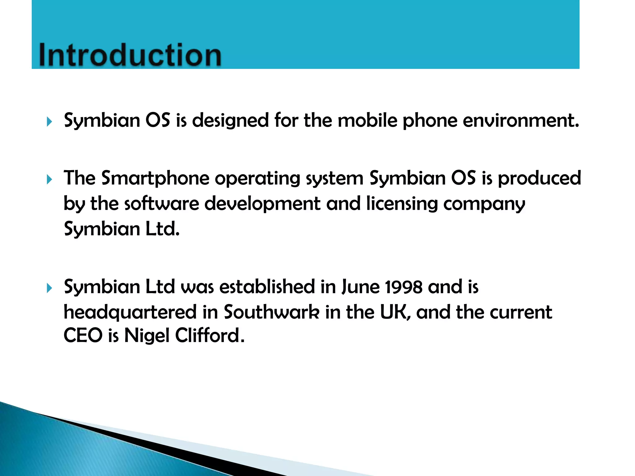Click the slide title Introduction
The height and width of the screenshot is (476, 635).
[x=130, y=55]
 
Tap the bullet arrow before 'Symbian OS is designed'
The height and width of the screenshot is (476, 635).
[x=49, y=121]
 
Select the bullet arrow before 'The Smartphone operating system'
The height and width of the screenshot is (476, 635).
[x=49, y=179]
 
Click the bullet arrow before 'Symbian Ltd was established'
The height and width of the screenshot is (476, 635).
[x=49, y=288]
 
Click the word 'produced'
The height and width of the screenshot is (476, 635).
[x=539, y=178]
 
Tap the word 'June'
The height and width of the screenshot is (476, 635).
[x=360, y=287]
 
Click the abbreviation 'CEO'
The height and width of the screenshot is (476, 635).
[x=83, y=336]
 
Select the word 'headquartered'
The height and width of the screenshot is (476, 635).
[x=130, y=313]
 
